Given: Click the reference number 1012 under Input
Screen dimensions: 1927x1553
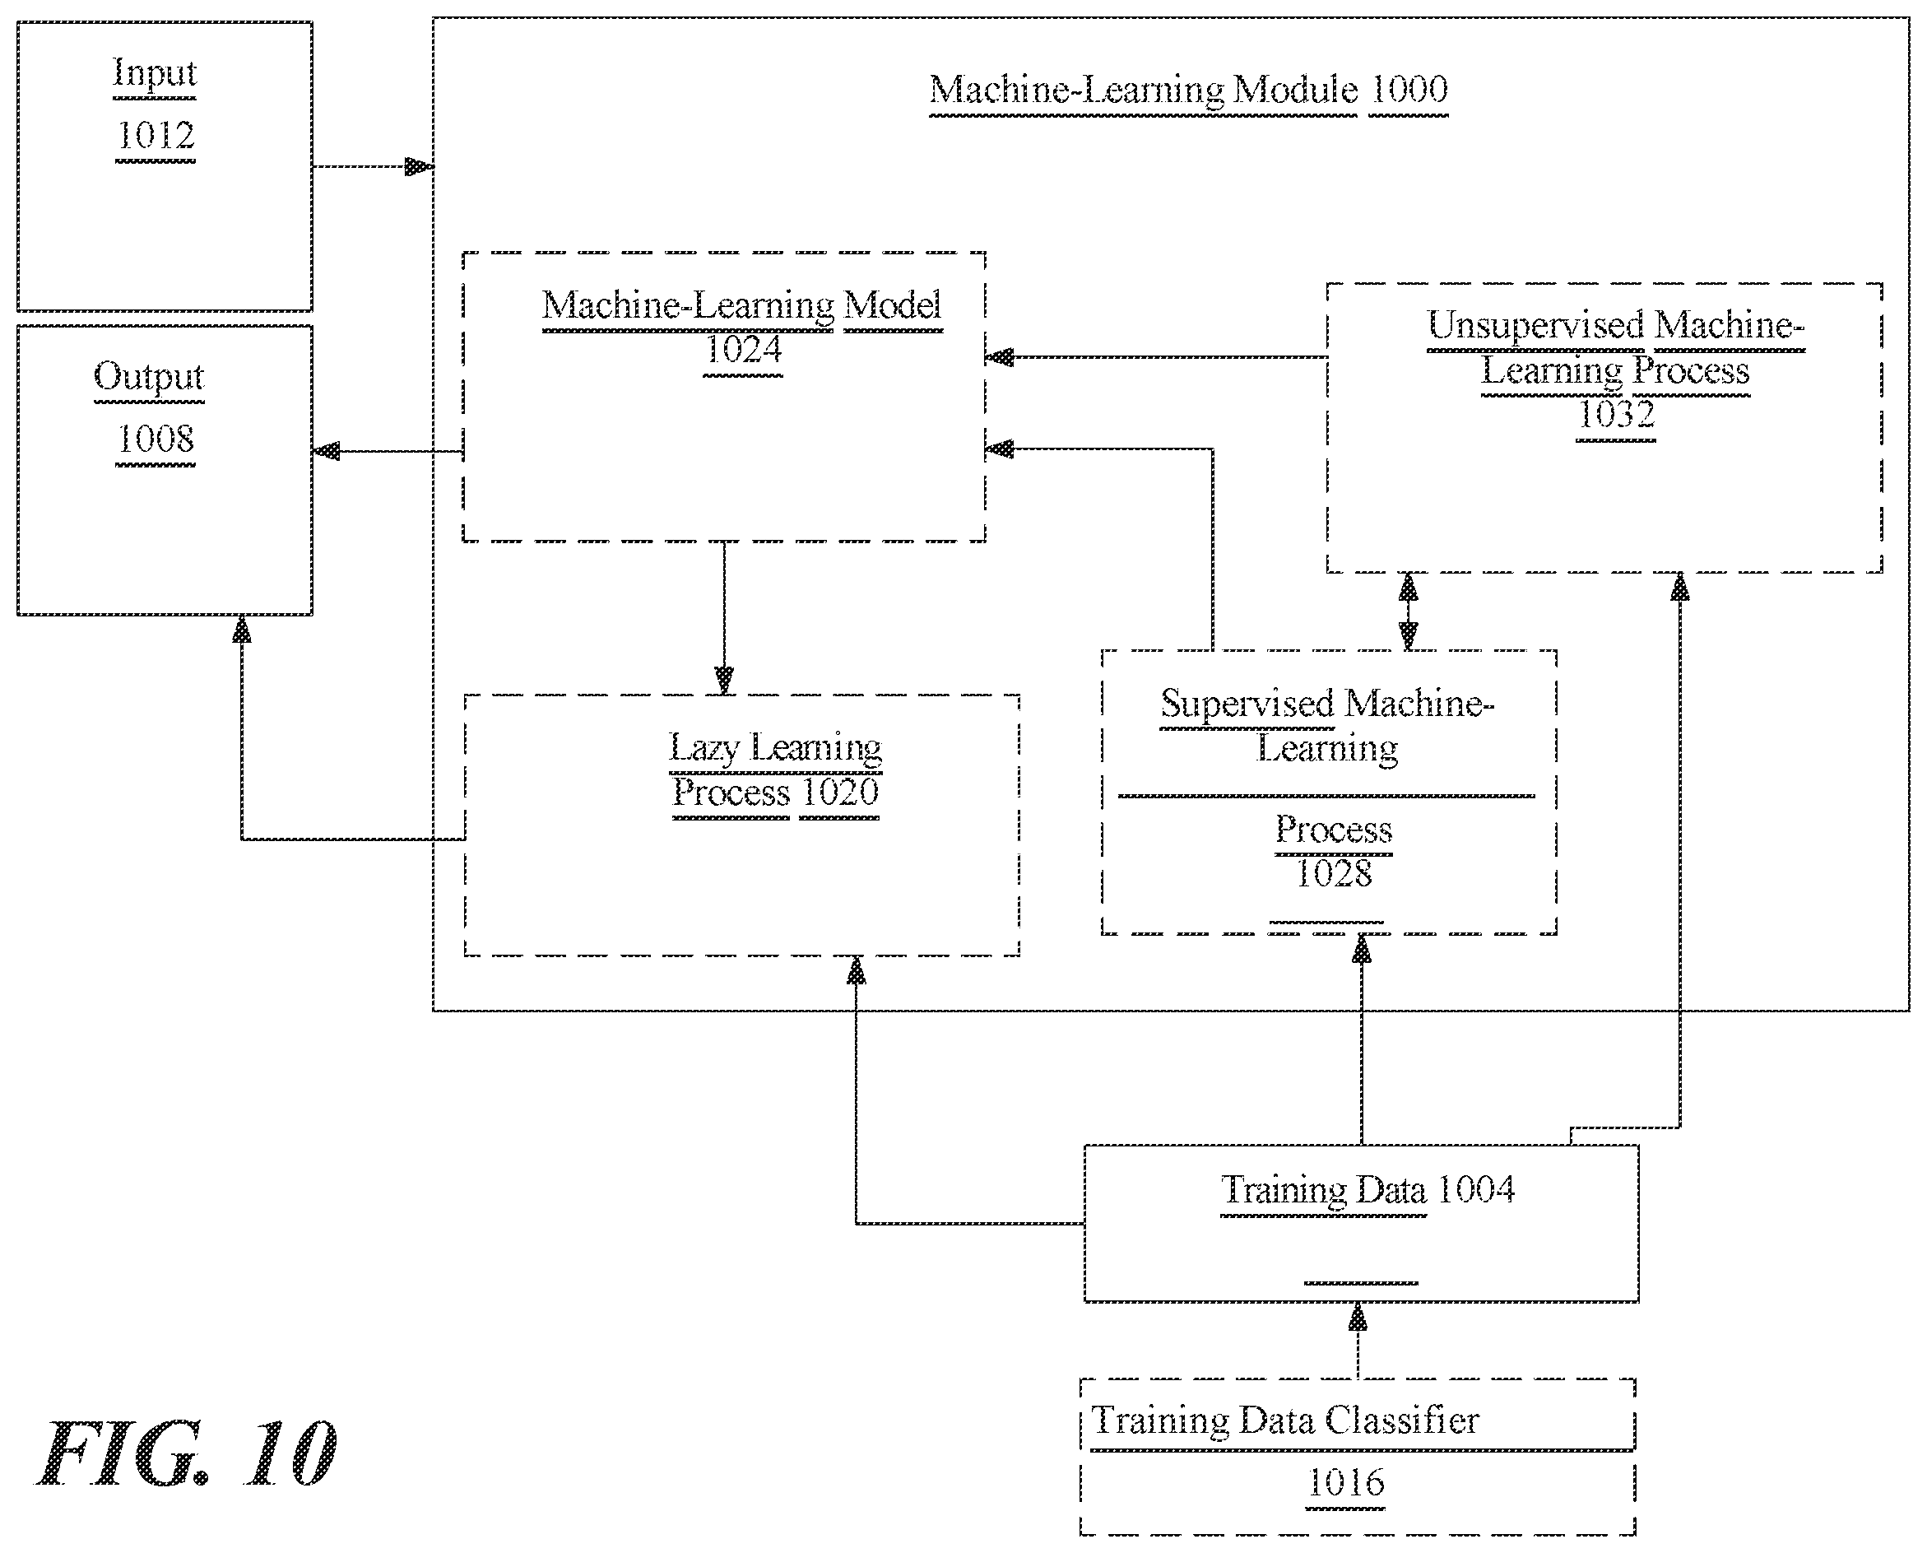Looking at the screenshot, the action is pos(156,136).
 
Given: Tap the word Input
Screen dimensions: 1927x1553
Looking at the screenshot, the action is pos(155,74).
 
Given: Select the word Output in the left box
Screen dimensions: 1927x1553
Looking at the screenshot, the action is pos(149,378).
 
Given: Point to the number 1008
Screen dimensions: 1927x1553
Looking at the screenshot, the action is pos(156,439).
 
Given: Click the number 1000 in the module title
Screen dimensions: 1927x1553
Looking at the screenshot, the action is pos(1409,90).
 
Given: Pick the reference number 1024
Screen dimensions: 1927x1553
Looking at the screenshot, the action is pos(743,350).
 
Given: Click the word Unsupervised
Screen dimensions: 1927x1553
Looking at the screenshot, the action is pos(1535,326).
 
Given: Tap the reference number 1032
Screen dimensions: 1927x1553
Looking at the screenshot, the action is pos(1616,414).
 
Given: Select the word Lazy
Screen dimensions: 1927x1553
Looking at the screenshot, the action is pos(704,748).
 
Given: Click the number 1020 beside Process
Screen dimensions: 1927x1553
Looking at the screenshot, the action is pos(839,793).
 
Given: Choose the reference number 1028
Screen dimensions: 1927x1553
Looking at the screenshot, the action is pos(1333,874).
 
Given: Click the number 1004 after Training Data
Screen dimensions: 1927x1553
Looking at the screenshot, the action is pos(1475,1190).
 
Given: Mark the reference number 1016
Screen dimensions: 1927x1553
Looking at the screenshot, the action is pos(1346,1483).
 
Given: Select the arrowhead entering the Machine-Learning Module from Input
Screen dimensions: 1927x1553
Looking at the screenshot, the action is pos(420,167).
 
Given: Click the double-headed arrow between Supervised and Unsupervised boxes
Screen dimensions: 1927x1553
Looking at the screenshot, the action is pos(1409,611).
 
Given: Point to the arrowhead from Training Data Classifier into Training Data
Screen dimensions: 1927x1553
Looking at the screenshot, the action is pos(1358,1318).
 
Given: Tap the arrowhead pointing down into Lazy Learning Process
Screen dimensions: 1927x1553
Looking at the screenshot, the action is pos(724,680).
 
